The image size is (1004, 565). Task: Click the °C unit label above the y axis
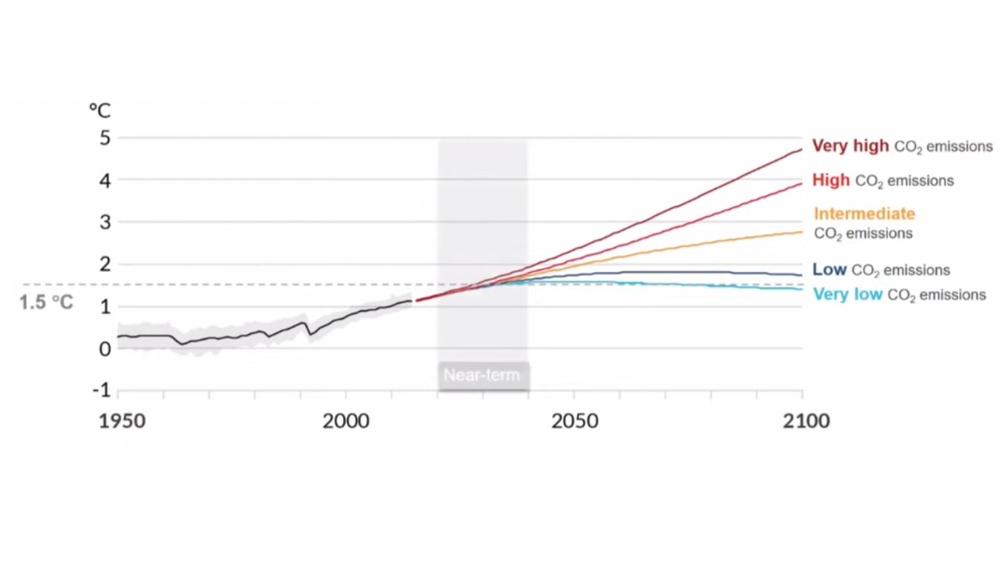(100, 110)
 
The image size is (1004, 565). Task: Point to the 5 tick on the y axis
(105, 138)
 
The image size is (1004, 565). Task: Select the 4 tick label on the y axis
(105, 181)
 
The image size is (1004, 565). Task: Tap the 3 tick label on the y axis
(105, 223)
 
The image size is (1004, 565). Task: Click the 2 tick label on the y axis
(105, 265)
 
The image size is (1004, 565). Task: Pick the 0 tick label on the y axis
(105, 349)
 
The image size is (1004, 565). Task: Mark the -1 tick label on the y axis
(102, 391)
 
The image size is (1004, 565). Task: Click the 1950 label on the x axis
(122, 422)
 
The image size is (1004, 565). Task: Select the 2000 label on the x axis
(346, 422)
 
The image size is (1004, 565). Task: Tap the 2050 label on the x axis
(575, 422)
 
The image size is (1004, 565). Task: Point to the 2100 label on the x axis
(807, 422)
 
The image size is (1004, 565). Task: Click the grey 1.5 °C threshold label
(46, 302)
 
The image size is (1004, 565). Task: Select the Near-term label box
(484, 376)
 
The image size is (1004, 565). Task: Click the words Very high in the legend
(850, 146)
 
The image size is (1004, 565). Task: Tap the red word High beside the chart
(831, 180)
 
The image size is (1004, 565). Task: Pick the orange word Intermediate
(864, 214)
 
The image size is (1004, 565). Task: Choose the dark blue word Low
(830, 270)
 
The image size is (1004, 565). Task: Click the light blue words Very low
(848, 294)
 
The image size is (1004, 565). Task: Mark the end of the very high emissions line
(802, 149)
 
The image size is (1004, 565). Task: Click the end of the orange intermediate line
(802, 232)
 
